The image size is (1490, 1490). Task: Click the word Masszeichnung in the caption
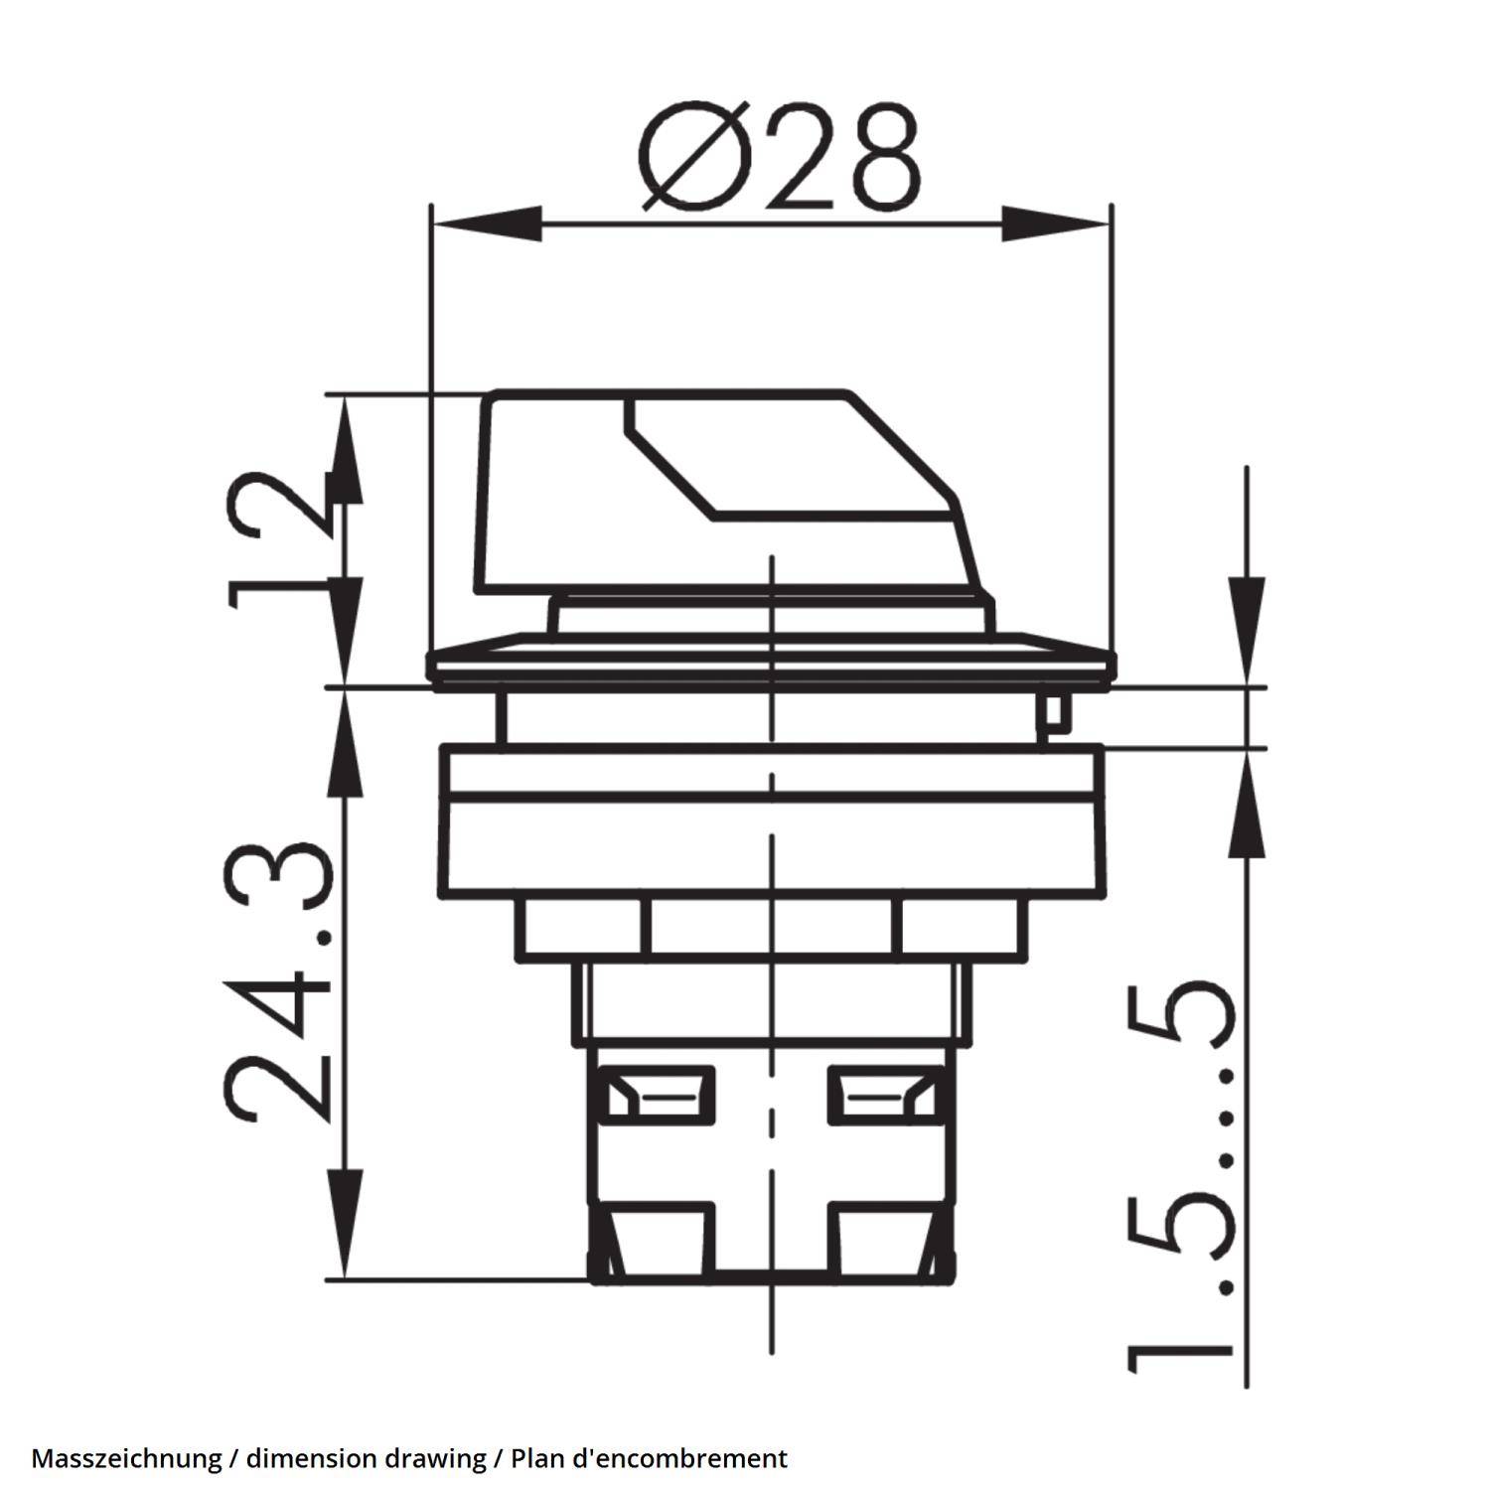pos(126,1458)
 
